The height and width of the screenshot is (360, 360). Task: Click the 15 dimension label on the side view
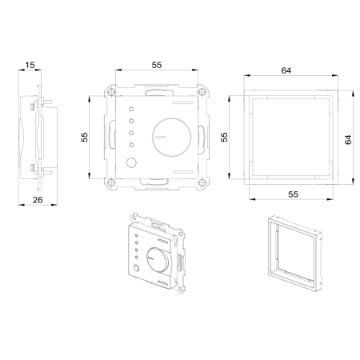point(30,65)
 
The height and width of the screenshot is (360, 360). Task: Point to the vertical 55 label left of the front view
point(85,138)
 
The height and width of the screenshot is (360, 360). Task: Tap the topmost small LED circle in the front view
point(130,108)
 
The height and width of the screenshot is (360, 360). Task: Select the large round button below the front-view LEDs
point(132,163)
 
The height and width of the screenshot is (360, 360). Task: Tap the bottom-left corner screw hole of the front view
point(110,182)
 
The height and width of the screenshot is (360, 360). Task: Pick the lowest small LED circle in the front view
point(130,145)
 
